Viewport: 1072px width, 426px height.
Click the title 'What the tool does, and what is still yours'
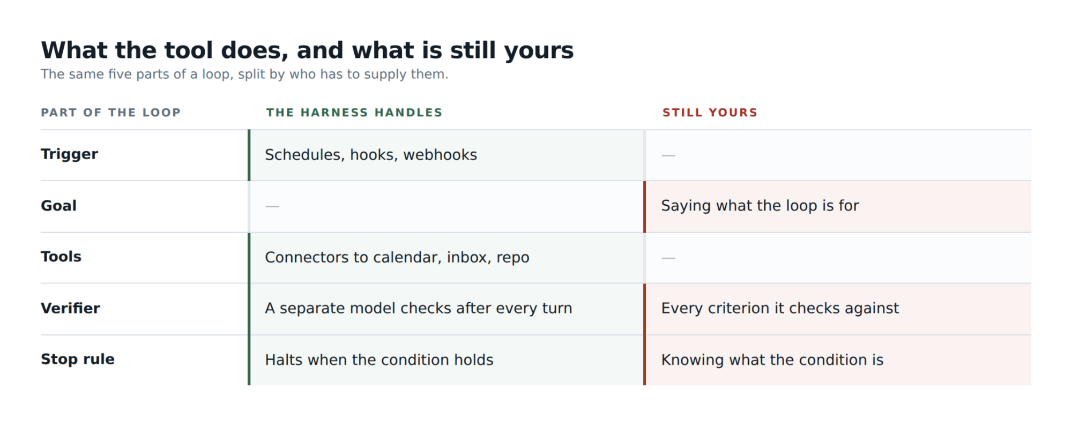coord(307,51)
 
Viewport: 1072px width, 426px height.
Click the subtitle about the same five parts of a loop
coord(244,74)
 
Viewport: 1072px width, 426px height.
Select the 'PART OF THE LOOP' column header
coord(111,113)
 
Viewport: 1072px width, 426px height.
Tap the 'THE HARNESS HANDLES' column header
coord(354,113)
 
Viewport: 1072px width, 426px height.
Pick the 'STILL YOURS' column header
coord(710,113)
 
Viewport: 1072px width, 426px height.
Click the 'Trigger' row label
coord(70,154)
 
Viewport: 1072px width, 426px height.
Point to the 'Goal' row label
coord(59,206)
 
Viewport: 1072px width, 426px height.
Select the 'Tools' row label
coord(61,257)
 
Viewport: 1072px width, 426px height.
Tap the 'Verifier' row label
coord(70,308)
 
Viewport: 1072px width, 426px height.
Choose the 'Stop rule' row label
coord(78,359)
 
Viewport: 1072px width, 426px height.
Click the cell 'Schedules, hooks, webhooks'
coord(371,155)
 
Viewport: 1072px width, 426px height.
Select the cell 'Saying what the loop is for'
coord(760,206)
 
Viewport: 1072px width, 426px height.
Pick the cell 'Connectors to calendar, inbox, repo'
coord(397,257)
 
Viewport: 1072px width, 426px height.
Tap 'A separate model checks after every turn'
coord(419,308)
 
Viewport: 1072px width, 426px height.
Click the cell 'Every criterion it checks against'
coord(780,308)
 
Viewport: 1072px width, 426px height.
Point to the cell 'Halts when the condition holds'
coord(379,360)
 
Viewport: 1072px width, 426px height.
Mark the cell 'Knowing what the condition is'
coord(772,360)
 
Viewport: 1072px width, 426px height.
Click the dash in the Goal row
coord(272,206)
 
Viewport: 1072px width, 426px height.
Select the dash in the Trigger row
coord(668,155)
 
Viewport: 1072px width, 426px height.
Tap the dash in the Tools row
coord(668,258)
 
